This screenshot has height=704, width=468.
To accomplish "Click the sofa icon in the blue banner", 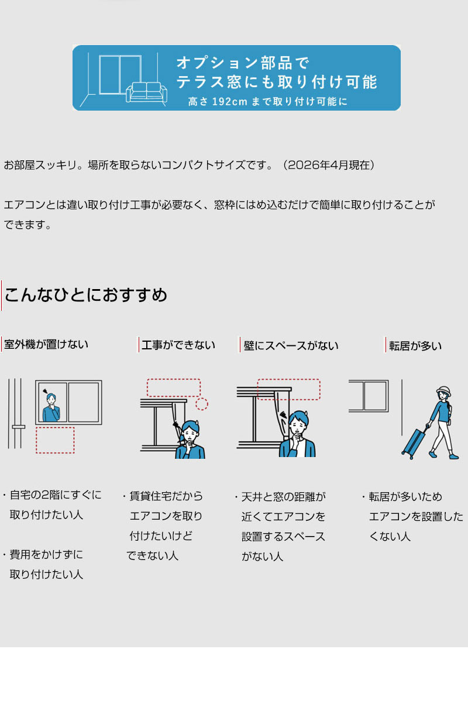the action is (x=146, y=92).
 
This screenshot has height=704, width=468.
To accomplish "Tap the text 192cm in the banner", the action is (x=229, y=101).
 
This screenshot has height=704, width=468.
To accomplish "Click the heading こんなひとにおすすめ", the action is (x=85, y=295).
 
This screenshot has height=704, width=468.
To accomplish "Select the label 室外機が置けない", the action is (x=46, y=345).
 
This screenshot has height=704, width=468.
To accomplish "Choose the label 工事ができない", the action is (x=178, y=345).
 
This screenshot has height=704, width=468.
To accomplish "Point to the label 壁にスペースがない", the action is (x=291, y=346).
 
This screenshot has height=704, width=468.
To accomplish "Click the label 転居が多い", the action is (x=415, y=346).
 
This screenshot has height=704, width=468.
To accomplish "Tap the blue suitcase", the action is (x=415, y=442).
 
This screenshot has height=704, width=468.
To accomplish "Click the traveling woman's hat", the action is (x=444, y=392).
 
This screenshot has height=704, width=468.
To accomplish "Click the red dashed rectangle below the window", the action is (x=55, y=440).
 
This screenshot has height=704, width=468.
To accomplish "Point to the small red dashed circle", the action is (x=202, y=404).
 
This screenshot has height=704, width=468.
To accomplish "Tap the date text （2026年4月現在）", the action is (x=328, y=165).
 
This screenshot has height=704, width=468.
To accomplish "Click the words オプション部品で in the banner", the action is (x=242, y=63).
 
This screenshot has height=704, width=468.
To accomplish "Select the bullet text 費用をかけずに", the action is (x=46, y=554).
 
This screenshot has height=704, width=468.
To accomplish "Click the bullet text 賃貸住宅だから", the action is (x=166, y=496).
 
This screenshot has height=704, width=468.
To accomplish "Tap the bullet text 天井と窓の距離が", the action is (x=284, y=497).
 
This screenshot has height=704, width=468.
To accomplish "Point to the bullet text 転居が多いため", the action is (x=405, y=497).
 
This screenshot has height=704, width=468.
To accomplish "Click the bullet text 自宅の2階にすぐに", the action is (x=56, y=494).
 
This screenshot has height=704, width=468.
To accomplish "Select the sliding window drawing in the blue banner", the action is (x=121, y=75).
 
